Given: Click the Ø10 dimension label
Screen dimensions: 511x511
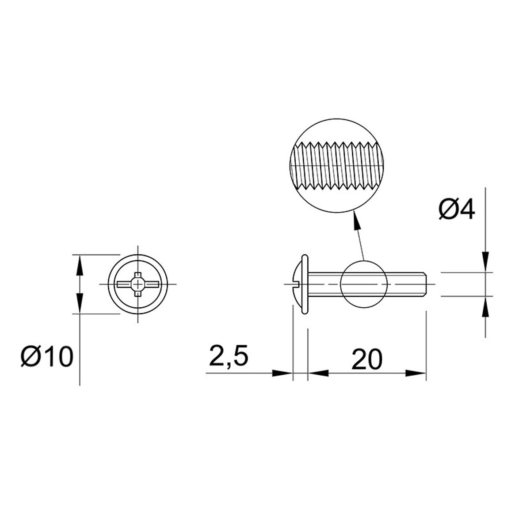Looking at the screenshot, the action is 47,357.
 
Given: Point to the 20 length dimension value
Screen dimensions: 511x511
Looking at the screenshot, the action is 366,359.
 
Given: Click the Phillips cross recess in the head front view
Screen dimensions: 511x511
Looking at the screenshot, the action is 138,284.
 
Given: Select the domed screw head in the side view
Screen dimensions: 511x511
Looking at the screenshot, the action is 297,284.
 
